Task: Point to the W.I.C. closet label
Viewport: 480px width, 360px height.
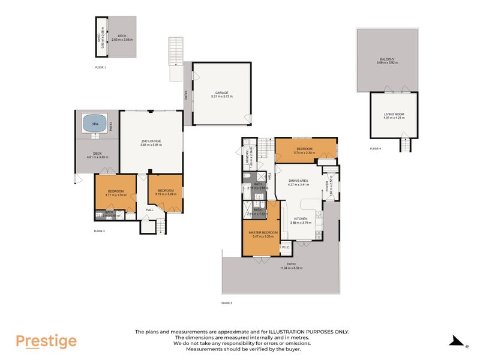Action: [x=286, y=247]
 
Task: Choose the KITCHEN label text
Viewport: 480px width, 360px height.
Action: [x=301, y=219]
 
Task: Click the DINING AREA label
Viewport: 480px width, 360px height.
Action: [x=298, y=181]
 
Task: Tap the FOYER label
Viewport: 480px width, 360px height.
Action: [x=327, y=186]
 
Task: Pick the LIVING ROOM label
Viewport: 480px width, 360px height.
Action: [x=394, y=113]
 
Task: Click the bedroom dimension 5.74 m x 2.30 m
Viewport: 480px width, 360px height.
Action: [x=305, y=152]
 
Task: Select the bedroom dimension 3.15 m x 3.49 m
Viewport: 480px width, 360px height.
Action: [x=164, y=194]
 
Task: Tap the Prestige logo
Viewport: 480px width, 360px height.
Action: [x=46, y=341]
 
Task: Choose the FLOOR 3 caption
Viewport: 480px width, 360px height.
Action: [x=227, y=304]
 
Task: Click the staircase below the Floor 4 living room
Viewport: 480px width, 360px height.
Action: [x=408, y=145]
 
